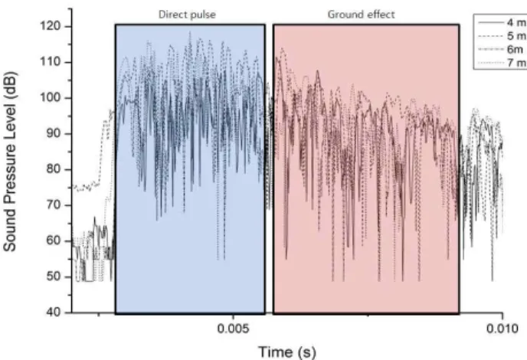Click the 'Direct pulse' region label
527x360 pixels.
pos(187,15)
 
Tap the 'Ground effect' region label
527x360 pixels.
pos(361,15)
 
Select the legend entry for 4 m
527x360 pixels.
pos(502,23)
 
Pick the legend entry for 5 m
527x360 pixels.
pos(502,36)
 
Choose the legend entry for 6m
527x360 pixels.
pos(500,50)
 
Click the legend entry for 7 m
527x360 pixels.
pos(502,63)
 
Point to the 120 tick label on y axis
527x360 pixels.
pos(51,26)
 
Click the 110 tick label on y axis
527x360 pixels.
pos(51,62)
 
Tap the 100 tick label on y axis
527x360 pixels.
pos(51,97)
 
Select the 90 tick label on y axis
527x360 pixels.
pos(54,133)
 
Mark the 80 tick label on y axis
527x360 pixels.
pos(54,169)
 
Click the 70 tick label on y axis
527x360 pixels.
pos(54,205)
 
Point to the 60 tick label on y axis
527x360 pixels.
pos(54,241)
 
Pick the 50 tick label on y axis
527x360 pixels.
pos(54,277)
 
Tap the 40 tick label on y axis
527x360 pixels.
pos(54,313)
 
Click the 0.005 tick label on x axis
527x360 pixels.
pos(234,329)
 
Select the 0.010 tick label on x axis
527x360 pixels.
pos(502,329)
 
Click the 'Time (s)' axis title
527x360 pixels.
pos(287,352)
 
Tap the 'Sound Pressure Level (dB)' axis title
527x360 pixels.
pos(10,162)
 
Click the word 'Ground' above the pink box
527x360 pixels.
pos(345,15)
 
